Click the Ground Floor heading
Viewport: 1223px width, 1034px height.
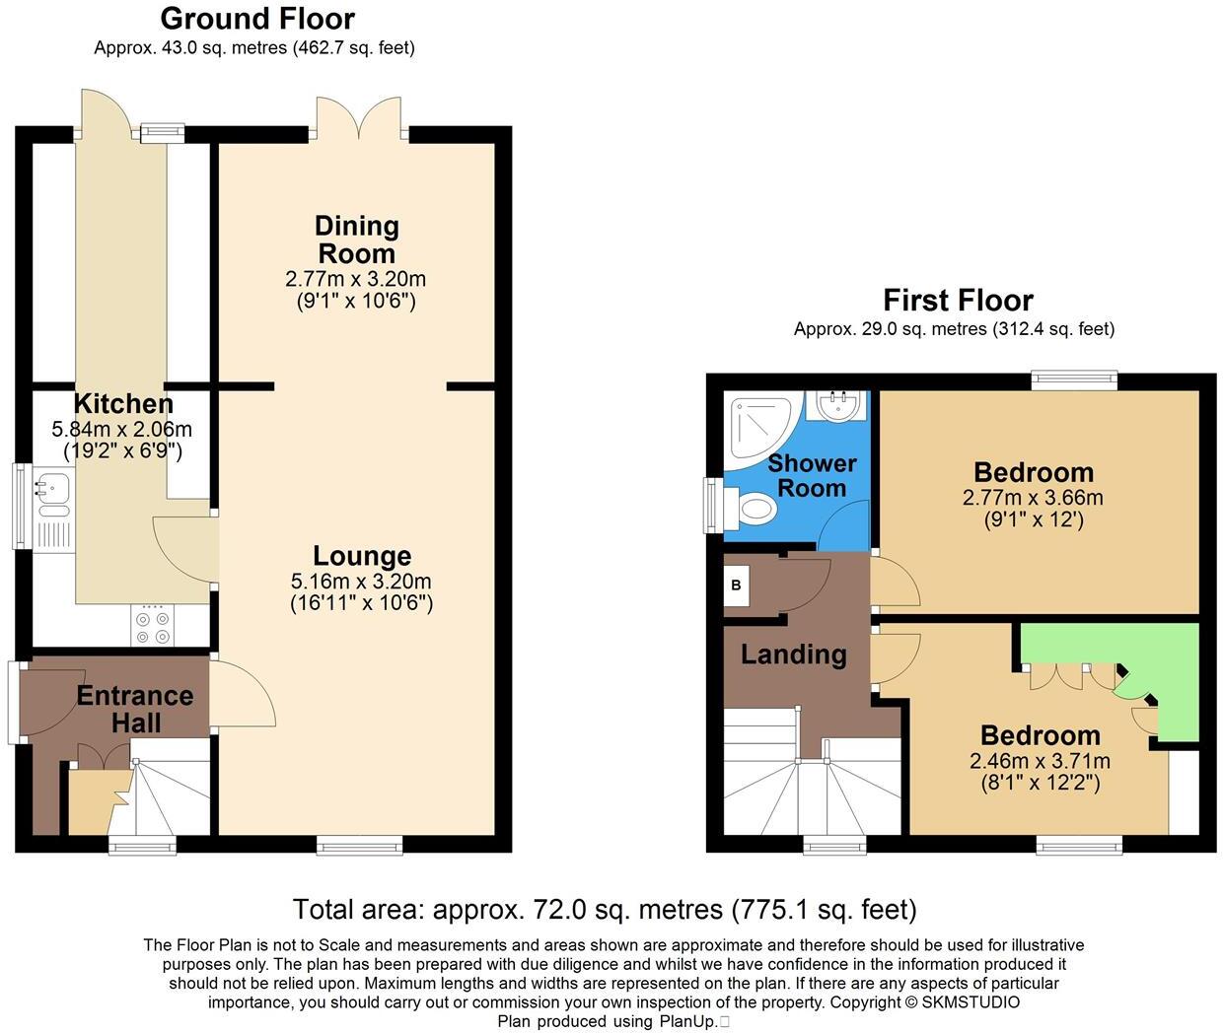point(256,19)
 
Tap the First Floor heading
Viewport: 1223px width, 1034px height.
point(957,300)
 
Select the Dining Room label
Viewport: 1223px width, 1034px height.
point(357,240)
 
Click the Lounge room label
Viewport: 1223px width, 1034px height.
point(362,556)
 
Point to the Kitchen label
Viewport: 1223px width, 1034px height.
point(123,404)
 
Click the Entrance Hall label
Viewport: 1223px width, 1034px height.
point(135,709)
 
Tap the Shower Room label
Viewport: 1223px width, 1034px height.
point(812,475)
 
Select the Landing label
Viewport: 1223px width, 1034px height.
point(793,655)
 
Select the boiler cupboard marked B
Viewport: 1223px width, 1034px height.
point(736,586)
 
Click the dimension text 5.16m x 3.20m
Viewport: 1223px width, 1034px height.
point(361,582)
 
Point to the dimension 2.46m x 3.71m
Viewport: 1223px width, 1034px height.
point(1040,761)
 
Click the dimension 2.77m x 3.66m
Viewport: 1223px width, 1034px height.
point(1033,498)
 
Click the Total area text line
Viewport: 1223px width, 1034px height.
point(605,909)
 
